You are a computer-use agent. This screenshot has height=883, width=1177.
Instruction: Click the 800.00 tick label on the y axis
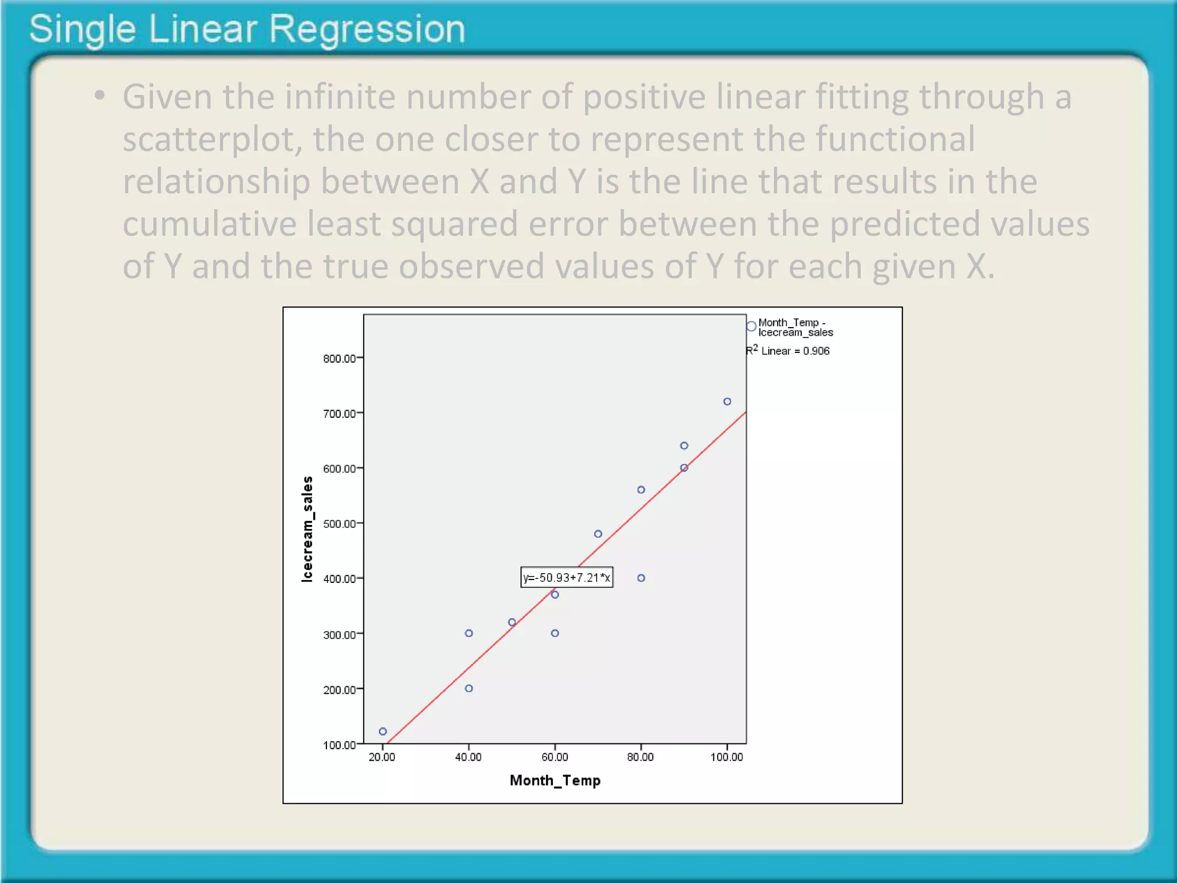(x=339, y=359)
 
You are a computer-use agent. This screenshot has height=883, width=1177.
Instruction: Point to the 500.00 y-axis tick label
(x=339, y=524)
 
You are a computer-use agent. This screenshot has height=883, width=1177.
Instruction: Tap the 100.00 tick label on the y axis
(x=339, y=745)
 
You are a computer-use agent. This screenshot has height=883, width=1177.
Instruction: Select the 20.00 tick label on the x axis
(x=382, y=757)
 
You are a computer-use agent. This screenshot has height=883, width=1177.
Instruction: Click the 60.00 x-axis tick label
(x=555, y=757)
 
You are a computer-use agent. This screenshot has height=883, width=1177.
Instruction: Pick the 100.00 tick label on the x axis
(x=726, y=757)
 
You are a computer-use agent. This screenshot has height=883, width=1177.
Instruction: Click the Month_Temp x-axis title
(x=555, y=780)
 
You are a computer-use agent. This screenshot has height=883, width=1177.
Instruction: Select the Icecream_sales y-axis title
(x=307, y=529)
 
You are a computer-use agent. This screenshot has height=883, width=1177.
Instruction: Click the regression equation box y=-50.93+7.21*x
(x=567, y=577)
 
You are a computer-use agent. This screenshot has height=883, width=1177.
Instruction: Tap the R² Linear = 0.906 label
(x=788, y=351)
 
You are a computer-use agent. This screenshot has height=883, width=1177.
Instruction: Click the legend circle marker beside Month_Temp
(x=751, y=327)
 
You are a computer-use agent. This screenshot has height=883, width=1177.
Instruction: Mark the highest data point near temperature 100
(x=727, y=401)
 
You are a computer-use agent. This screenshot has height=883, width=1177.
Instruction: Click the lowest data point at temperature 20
(x=383, y=731)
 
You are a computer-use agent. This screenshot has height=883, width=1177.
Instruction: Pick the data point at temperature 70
(x=598, y=534)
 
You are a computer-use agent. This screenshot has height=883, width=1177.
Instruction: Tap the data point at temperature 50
(x=512, y=622)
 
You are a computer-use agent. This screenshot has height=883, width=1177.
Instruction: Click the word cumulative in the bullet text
(x=209, y=224)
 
